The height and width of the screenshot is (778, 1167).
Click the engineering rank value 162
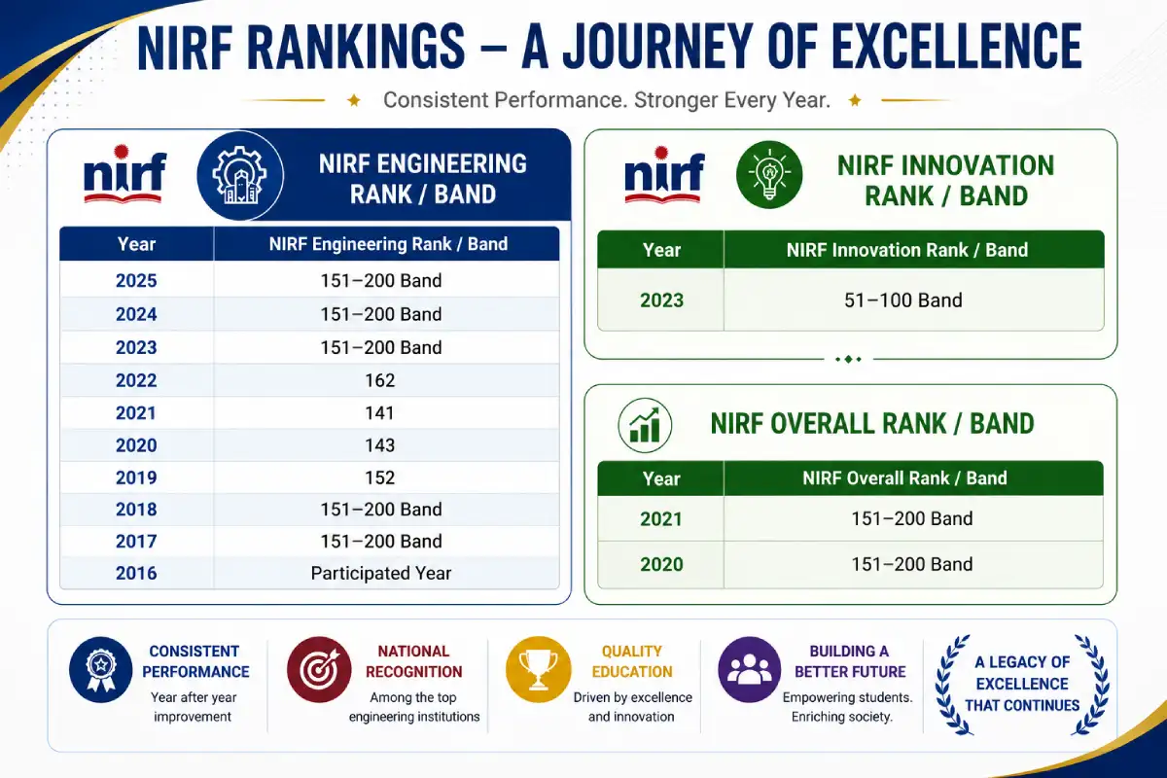(380, 380)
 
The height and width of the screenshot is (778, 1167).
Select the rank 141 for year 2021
(380, 413)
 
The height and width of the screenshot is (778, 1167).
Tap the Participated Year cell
(381, 573)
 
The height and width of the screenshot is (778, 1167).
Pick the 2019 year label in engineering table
(136, 477)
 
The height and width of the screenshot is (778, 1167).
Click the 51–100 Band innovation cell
(902, 301)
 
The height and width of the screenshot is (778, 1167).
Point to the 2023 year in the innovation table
(661, 301)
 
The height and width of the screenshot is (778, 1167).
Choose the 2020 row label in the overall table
(661, 564)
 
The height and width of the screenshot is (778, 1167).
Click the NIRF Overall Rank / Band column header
(904, 478)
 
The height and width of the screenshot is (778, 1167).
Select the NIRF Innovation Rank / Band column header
(907, 250)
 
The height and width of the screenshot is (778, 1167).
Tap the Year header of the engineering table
(136, 244)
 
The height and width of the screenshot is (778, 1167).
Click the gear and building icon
(240, 175)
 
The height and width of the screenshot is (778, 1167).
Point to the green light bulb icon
(769, 175)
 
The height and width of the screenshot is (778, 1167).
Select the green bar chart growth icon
(645, 425)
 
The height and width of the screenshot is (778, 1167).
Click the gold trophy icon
(538, 670)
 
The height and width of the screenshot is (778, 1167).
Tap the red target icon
(319, 670)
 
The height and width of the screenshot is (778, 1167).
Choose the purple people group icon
(749, 670)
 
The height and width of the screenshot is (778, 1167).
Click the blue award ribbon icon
(101, 670)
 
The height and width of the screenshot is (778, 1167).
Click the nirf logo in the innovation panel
(664, 175)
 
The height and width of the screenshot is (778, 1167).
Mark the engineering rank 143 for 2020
(380, 445)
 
